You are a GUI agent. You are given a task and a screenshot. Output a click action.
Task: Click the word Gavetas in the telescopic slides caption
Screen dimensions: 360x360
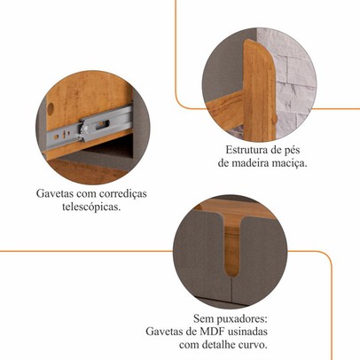[x=55, y=193]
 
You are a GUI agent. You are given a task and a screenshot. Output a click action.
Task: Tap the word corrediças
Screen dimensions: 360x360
[x=123, y=194]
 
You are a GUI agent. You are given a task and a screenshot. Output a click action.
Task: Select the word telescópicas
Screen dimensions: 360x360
[x=91, y=207]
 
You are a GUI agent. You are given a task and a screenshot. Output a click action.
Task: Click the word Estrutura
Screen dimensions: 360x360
[x=247, y=150]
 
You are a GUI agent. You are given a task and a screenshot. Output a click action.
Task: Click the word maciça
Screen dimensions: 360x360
[x=293, y=164]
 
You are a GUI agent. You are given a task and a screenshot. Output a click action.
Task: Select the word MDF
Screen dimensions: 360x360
[x=212, y=332]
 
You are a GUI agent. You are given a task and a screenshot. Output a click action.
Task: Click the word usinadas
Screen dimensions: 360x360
[x=247, y=332]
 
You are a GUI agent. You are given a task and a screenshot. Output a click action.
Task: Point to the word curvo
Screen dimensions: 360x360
[x=254, y=345]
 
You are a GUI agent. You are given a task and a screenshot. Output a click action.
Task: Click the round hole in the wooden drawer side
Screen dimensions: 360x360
[x=51, y=109]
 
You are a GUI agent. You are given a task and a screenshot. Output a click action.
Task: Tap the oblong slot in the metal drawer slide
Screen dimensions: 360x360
[x=103, y=124]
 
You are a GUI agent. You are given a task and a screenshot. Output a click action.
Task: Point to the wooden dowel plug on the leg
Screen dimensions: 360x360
[x=275, y=119]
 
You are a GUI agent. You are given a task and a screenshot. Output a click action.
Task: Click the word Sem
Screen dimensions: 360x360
[x=203, y=319]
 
